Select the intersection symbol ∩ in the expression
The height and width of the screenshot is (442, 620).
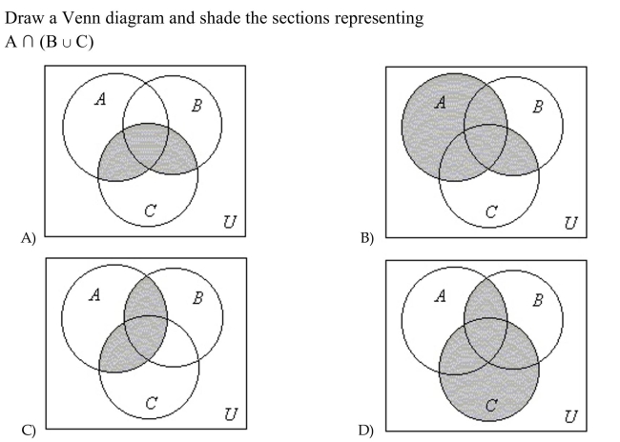[28, 42]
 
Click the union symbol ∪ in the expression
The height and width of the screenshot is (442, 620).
[67, 43]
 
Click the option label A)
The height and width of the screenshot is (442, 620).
[29, 238]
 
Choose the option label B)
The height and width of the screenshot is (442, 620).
[367, 238]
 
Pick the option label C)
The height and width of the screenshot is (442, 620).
[29, 430]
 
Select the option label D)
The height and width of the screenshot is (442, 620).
[366, 430]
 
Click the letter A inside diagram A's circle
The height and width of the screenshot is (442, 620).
[101, 99]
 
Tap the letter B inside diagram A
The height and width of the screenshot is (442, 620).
[196, 106]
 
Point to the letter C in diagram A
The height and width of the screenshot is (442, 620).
[151, 211]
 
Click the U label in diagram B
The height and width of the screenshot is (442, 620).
[570, 223]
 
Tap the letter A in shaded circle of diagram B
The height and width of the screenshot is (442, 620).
[440, 102]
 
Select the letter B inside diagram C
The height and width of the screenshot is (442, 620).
[198, 298]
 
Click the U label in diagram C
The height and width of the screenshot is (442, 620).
[231, 414]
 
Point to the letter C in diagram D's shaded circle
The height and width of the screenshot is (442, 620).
[491, 405]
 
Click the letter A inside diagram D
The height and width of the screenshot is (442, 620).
[440, 295]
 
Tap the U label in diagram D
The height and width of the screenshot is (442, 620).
[570, 416]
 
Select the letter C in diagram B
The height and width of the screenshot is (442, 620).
[491, 212]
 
